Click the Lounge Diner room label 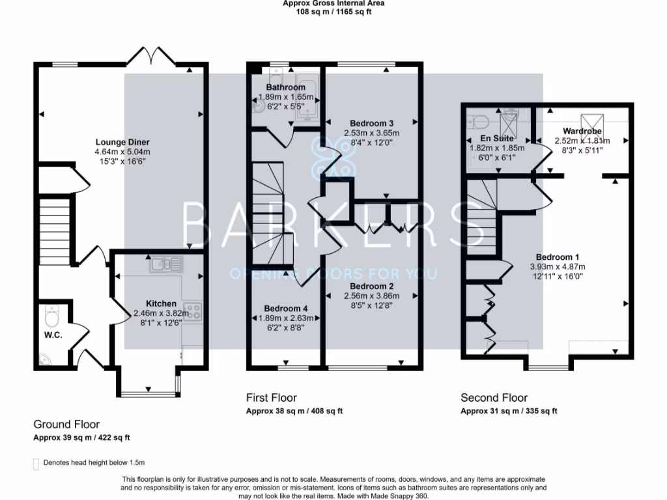click(122, 143)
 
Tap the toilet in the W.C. click(52, 316)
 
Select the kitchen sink click(166, 264)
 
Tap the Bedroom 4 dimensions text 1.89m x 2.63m click(286, 318)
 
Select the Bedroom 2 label click(372, 286)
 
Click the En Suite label click(497, 138)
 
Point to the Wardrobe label click(582, 131)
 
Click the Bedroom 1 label click(558, 257)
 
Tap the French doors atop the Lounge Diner click(151, 56)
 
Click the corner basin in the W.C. click(44, 359)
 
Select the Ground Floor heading click(66, 424)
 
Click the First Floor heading click(272, 398)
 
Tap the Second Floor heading click(494, 398)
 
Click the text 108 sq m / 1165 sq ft click(333, 12)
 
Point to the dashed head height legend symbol click(36, 464)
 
